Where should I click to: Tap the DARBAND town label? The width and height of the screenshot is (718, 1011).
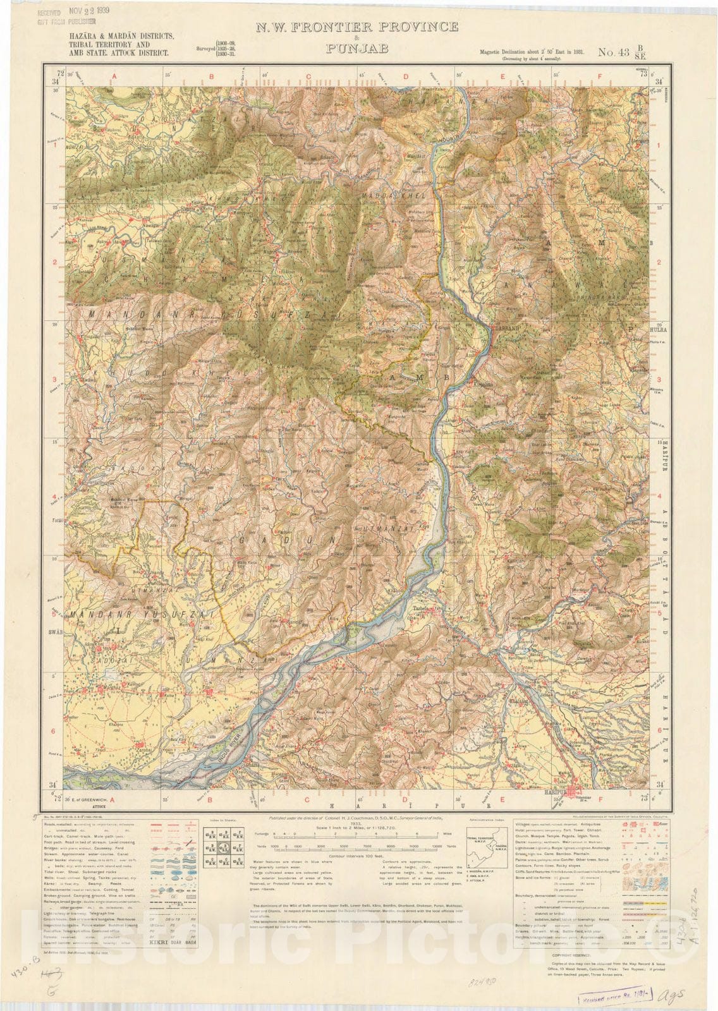504,328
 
